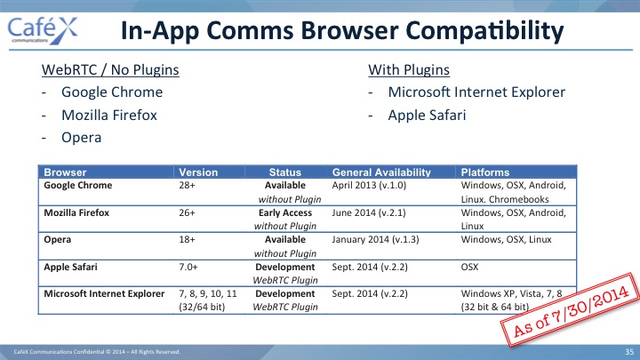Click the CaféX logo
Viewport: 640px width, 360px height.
coord(42,30)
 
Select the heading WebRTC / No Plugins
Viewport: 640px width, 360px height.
coord(110,70)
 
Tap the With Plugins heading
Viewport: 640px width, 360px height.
coord(409,70)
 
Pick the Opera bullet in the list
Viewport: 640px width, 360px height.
coord(81,138)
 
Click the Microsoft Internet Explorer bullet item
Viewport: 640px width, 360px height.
coord(476,92)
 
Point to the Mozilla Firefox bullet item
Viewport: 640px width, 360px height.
coord(109,115)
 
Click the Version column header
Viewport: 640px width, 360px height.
coord(198,172)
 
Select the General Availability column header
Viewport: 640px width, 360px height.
coord(381,172)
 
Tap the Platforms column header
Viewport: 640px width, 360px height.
coord(485,172)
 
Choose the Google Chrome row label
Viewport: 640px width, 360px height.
coord(78,185)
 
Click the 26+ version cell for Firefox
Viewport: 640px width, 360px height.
coord(187,212)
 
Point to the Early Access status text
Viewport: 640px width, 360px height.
coord(285,212)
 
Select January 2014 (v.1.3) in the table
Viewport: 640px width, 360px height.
coord(375,240)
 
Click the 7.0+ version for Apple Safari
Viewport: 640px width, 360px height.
coord(188,267)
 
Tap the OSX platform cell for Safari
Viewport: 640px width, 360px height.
coord(469,267)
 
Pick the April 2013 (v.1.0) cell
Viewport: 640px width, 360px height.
coord(369,185)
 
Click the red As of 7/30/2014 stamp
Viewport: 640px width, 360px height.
coord(571,310)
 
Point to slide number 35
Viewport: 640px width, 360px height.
coord(629,351)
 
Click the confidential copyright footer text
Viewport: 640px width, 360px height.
coord(97,351)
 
